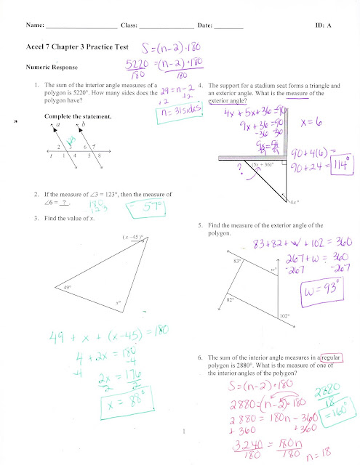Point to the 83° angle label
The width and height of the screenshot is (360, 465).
(237, 259)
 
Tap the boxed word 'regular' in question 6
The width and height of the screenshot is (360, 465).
(328, 358)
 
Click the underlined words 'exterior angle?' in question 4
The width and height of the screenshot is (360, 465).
(228, 102)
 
